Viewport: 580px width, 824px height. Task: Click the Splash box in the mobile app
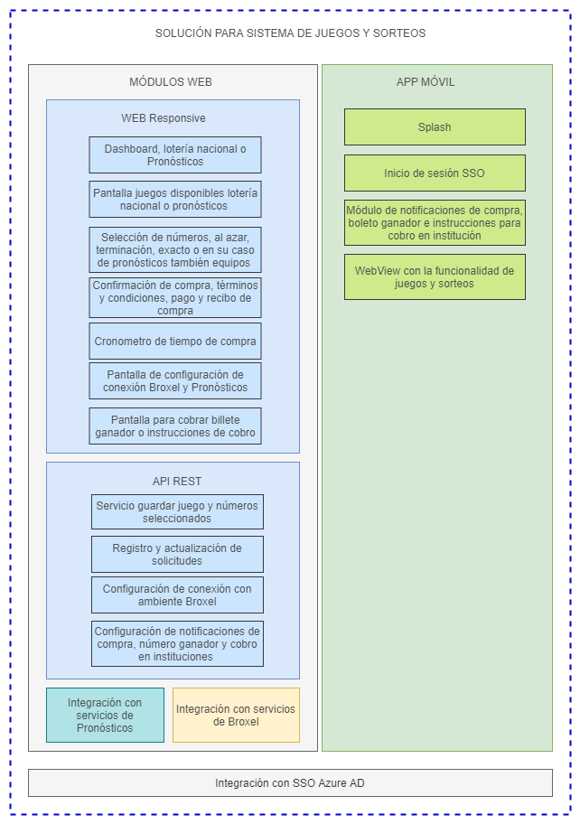click(435, 127)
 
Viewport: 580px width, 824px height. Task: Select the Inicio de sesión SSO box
click(435, 173)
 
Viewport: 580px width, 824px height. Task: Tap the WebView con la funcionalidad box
click(435, 276)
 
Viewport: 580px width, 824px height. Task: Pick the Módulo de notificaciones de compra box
click(435, 222)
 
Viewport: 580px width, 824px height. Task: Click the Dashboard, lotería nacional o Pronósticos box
click(175, 154)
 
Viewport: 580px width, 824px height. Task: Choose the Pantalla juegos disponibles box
click(175, 199)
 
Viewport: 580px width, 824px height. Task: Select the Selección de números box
click(175, 249)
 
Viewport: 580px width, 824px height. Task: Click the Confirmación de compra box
click(175, 297)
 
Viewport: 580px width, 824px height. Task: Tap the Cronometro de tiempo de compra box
click(175, 342)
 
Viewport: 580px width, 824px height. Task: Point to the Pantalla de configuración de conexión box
click(175, 380)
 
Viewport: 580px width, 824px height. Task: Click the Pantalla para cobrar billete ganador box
click(175, 426)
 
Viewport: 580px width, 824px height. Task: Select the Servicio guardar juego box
click(177, 511)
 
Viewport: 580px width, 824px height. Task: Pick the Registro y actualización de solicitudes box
click(177, 554)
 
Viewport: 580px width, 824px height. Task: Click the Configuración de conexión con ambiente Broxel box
click(177, 595)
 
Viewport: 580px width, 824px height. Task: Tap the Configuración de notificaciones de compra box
click(177, 643)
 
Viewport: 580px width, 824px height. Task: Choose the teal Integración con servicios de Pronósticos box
click(105, 715)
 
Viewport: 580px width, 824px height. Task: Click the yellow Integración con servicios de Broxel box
click(236, 715)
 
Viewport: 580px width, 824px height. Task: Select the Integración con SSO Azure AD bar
click(290, 783)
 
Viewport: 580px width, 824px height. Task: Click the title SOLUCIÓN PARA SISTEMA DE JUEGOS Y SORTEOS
click(290, 33)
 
